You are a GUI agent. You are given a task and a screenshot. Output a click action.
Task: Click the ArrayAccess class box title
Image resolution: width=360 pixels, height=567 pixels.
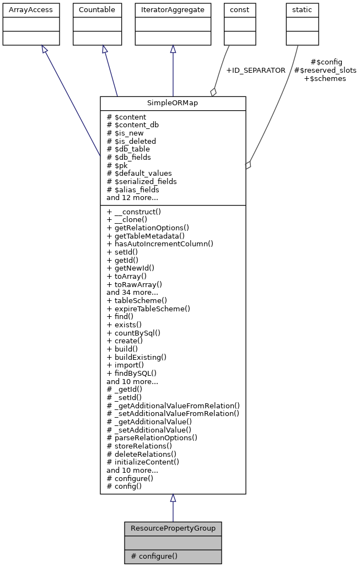[24, 10]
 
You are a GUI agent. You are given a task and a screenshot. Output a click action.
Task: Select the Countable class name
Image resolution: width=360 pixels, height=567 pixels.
[97, 10]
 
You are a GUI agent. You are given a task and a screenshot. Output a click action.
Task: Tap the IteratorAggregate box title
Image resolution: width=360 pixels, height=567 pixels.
[173, 10]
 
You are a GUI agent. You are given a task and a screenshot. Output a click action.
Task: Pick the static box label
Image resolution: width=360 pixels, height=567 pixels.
[302, 10]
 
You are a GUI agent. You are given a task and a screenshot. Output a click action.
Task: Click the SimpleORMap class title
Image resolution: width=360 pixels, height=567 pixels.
[173, 104]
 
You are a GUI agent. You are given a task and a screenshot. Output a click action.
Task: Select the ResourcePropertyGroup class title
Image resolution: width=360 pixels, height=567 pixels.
[173, 528]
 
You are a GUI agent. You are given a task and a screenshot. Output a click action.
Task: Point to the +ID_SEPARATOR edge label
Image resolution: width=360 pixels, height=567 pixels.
[256, 71]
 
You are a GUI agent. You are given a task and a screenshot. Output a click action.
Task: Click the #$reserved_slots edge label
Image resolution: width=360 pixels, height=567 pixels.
[325, 71]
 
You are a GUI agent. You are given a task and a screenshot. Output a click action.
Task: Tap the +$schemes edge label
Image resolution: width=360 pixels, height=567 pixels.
[325, 79]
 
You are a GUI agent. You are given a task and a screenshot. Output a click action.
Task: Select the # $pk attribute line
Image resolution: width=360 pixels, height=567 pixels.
[118, 165]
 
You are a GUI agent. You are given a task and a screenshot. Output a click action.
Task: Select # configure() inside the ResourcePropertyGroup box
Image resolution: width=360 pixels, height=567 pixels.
[154, 557]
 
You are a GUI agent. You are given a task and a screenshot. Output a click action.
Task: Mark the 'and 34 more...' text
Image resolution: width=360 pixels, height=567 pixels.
[132, 292]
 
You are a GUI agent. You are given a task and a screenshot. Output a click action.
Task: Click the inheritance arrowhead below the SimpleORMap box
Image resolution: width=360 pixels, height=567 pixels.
[173, 498]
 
